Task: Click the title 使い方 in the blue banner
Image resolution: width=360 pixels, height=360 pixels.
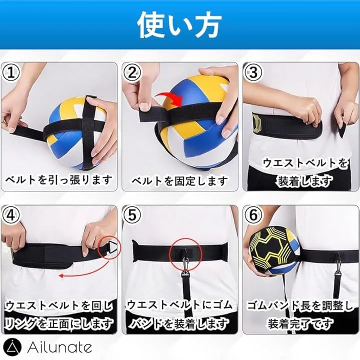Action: coord(179,25)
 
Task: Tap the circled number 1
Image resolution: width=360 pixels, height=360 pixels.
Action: coord(11,72)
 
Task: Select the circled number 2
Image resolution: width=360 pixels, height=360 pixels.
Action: coord(132,72)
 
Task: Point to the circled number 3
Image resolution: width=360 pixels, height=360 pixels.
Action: coord(253,72)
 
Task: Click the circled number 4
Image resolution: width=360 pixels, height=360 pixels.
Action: coord(11,215)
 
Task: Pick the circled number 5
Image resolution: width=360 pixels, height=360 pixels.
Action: coord(132,215)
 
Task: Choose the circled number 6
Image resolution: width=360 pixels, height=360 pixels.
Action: coord(253,215)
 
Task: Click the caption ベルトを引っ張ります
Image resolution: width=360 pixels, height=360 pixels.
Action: coord(59,180)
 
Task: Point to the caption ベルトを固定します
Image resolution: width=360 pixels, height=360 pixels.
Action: coord(180,181)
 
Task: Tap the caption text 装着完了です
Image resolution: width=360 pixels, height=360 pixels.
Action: coord(301,323)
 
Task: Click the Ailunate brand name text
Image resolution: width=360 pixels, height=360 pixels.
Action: coord(59,347)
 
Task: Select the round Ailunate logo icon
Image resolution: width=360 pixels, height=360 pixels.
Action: coord(12,347)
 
